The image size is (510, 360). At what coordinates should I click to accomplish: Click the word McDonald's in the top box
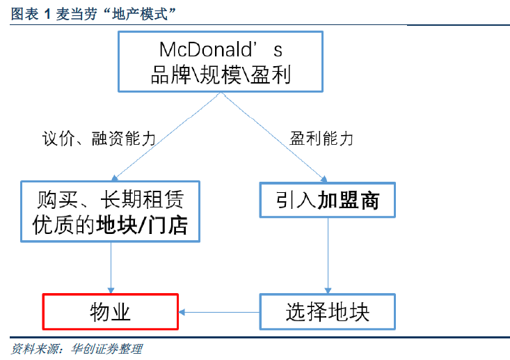click(x=221, y=49)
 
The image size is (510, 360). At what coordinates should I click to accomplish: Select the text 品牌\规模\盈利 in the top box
click(x=221, y=75)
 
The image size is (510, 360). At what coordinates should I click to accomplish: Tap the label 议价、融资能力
click(x=99, y=139)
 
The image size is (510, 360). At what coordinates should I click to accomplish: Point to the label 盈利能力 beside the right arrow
click(x=321, y=139)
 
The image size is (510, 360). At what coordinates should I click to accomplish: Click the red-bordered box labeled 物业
click(x=110, y=312)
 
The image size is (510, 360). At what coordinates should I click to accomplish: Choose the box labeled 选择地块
click(x=328, y=312)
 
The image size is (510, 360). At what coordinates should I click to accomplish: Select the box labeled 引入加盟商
click(x=328, y=200)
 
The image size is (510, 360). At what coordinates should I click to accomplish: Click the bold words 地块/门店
click(x=142, y=225)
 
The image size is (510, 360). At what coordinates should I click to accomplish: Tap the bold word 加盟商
click(x=349, y=200)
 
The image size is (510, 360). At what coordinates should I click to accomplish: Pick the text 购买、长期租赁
click(x=110, y=199)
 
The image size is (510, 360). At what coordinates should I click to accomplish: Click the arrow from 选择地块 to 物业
click(x=219, y=313)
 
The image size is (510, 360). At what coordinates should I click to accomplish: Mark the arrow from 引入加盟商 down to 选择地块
click(x=328, y=256)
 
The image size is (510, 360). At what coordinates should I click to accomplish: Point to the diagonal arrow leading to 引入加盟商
click(x=274, y=137)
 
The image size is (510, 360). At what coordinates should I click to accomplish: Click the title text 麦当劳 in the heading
click(x=77, y=14)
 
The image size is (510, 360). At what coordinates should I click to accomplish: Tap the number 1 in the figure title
click(x=47, y=15)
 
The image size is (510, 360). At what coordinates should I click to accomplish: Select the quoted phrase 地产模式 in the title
click(x=140, y=14)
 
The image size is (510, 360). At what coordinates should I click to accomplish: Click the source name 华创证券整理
click(x=106, y=349)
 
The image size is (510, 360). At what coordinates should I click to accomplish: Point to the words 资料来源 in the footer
click(x=35, y=349)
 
